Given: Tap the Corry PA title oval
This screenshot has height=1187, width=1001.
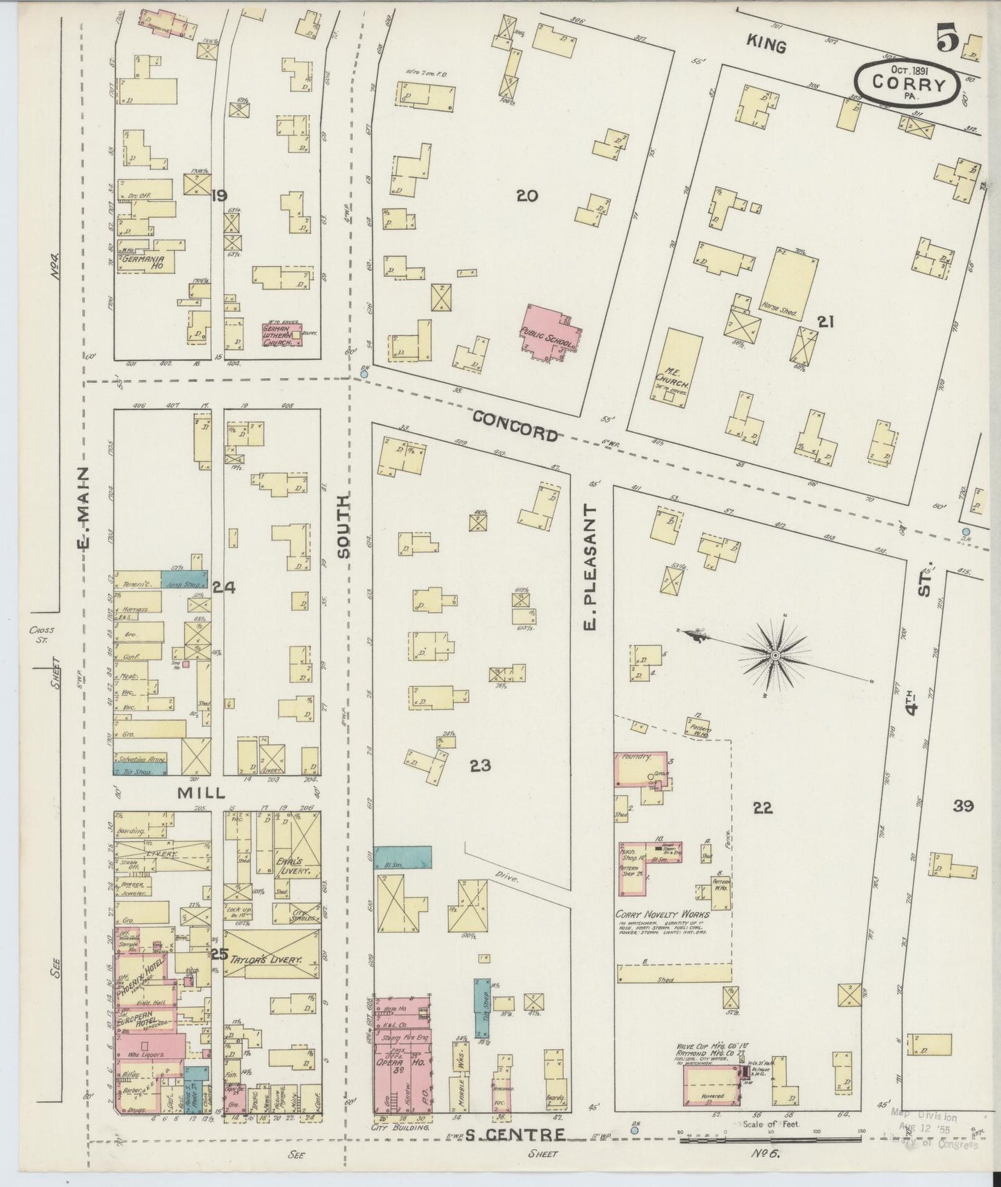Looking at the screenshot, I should [x=909, y=82].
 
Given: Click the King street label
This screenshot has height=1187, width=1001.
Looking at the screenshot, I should [x=766, y=46].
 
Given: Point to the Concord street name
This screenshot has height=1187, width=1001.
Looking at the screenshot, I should [x=515, y=425].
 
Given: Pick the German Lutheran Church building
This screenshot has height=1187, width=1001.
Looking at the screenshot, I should [x=281, y=334].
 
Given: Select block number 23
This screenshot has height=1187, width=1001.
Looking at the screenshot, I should [x=480, y=765].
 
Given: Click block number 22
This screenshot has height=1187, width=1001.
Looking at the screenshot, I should [x=763, y=807].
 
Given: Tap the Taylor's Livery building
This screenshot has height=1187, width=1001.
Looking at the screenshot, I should [x=272, y=960].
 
